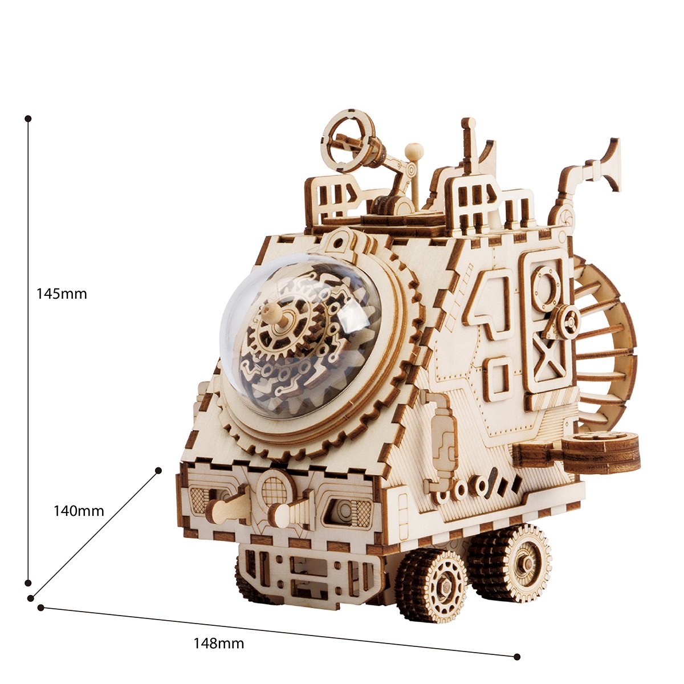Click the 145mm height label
tap(62, 294)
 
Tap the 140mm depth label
tap(79, 511)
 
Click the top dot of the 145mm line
tap(28, 118)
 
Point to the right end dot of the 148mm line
tap(517, 647)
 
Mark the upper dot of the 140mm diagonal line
tap(158, 470)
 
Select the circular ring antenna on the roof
tap(349, 142)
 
